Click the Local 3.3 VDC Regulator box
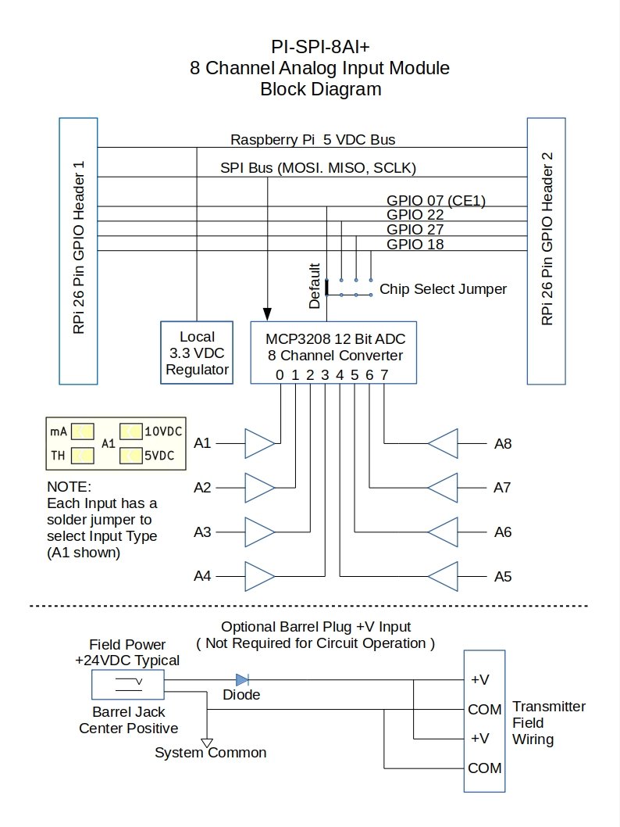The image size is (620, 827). point(197,353)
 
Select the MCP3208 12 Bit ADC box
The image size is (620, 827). point(333,353)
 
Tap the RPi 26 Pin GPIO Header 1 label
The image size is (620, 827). point(79,247)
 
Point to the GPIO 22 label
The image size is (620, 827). point(415,215)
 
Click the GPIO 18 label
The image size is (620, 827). point(415,244)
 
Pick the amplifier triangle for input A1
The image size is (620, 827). point(260,443)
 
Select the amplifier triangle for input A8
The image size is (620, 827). point(443,443)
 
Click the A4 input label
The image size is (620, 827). point(202,576)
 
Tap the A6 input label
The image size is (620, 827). point(503,532)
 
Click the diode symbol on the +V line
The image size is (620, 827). point(242,680)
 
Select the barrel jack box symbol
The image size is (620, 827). point(128,684)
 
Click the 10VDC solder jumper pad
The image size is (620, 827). point(130,431)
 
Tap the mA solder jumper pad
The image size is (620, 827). point(83,431)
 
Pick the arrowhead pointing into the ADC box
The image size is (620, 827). point(267,313)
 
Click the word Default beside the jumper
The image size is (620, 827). point(315,286)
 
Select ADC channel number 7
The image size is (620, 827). point(384,375)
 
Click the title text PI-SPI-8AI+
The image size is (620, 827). point(320,47)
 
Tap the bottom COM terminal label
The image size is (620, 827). point(485,768)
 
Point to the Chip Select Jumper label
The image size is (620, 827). point(443,289)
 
